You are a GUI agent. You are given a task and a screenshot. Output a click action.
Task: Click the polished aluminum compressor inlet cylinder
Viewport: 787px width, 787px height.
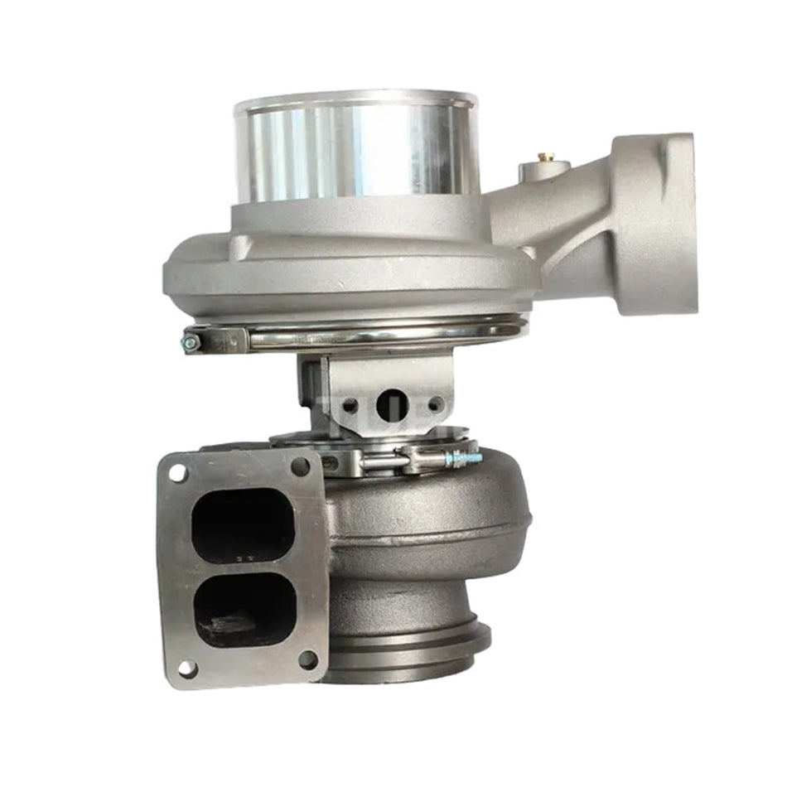[x=356, y=149]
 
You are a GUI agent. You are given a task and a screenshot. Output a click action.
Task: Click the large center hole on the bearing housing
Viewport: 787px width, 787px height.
[x=390, y=404]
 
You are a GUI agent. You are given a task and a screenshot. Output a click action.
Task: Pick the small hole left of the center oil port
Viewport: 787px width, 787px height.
[x=350, y=406]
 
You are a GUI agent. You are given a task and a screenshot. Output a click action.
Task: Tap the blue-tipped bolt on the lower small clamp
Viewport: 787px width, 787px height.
[x=464, y=456]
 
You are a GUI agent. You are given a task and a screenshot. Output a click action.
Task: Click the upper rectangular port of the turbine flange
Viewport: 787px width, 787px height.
[x=242, y=524]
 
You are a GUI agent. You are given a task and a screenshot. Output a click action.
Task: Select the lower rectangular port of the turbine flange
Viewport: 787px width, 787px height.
[x=242, y=611]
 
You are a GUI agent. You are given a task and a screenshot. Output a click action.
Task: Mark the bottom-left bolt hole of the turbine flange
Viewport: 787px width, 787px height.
[x=187, y=668]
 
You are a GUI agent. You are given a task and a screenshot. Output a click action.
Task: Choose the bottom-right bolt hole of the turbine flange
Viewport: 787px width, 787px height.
[x=307, y=660]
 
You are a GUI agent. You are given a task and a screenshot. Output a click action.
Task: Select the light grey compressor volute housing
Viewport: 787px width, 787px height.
[x=348, y=265]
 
